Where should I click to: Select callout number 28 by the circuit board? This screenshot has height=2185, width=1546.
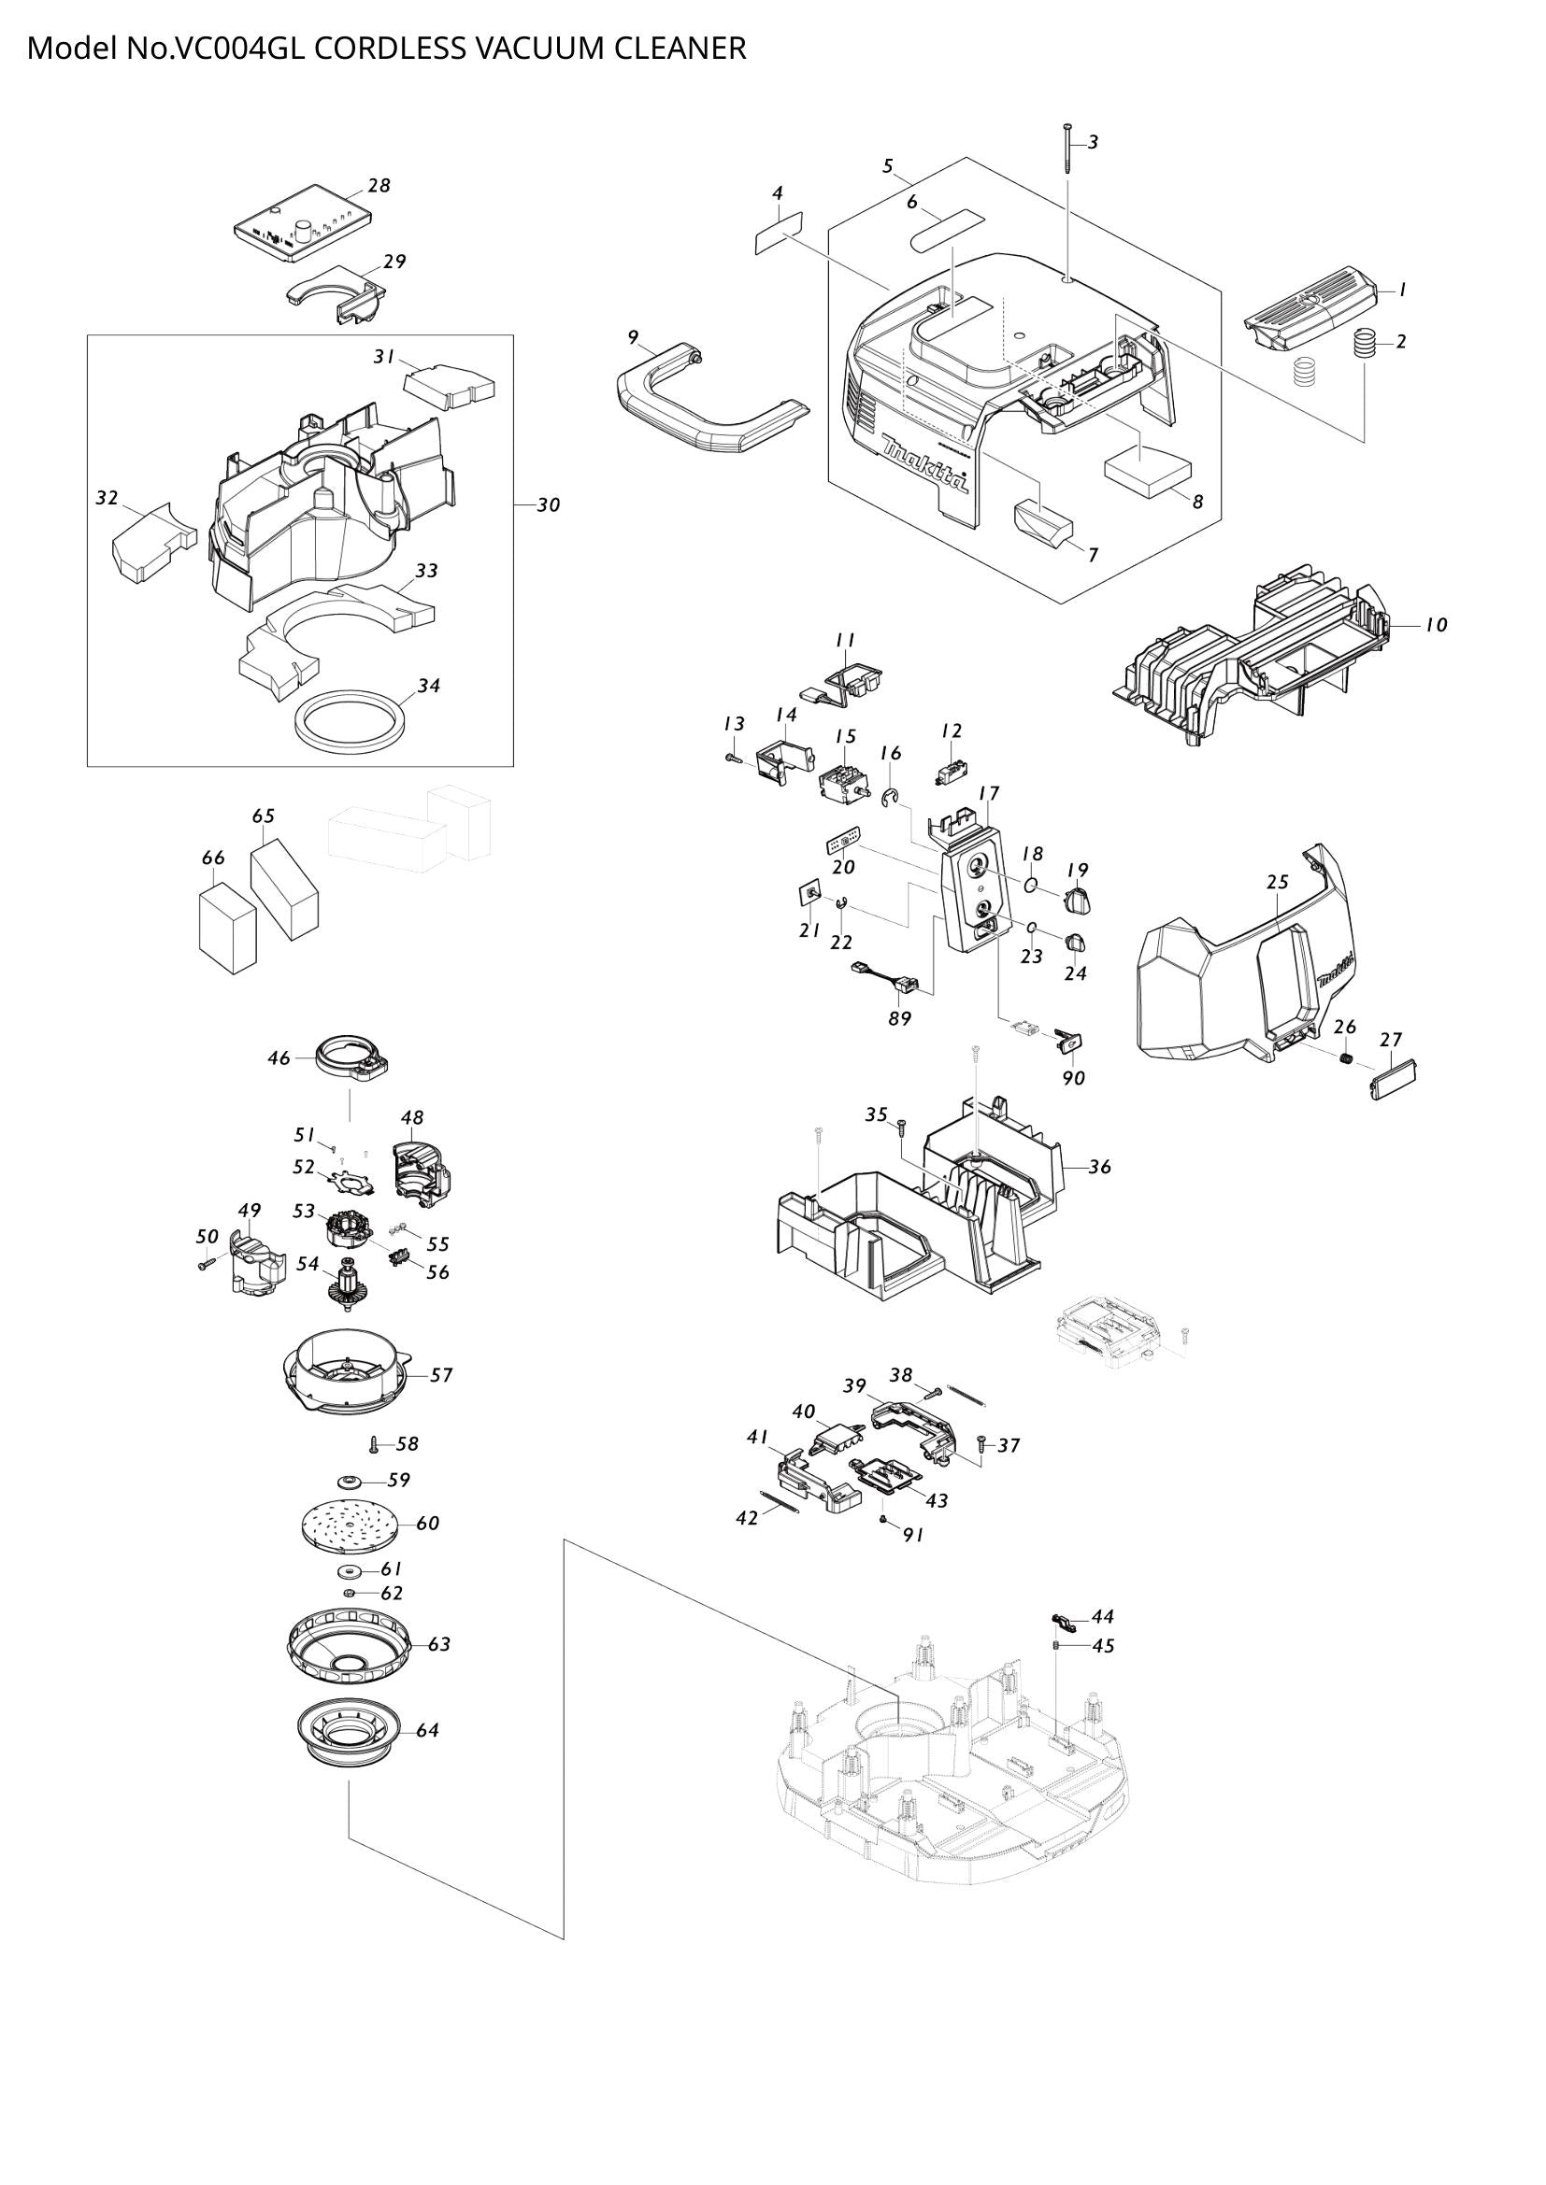tap(379, 186)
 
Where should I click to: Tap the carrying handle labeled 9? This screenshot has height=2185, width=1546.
tap(706, 410)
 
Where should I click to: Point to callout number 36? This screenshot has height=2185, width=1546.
tap(1099, 1167)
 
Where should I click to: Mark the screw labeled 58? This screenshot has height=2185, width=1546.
tap(374, 1443)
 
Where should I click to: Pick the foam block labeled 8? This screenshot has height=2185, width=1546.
tap(1147, 470)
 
